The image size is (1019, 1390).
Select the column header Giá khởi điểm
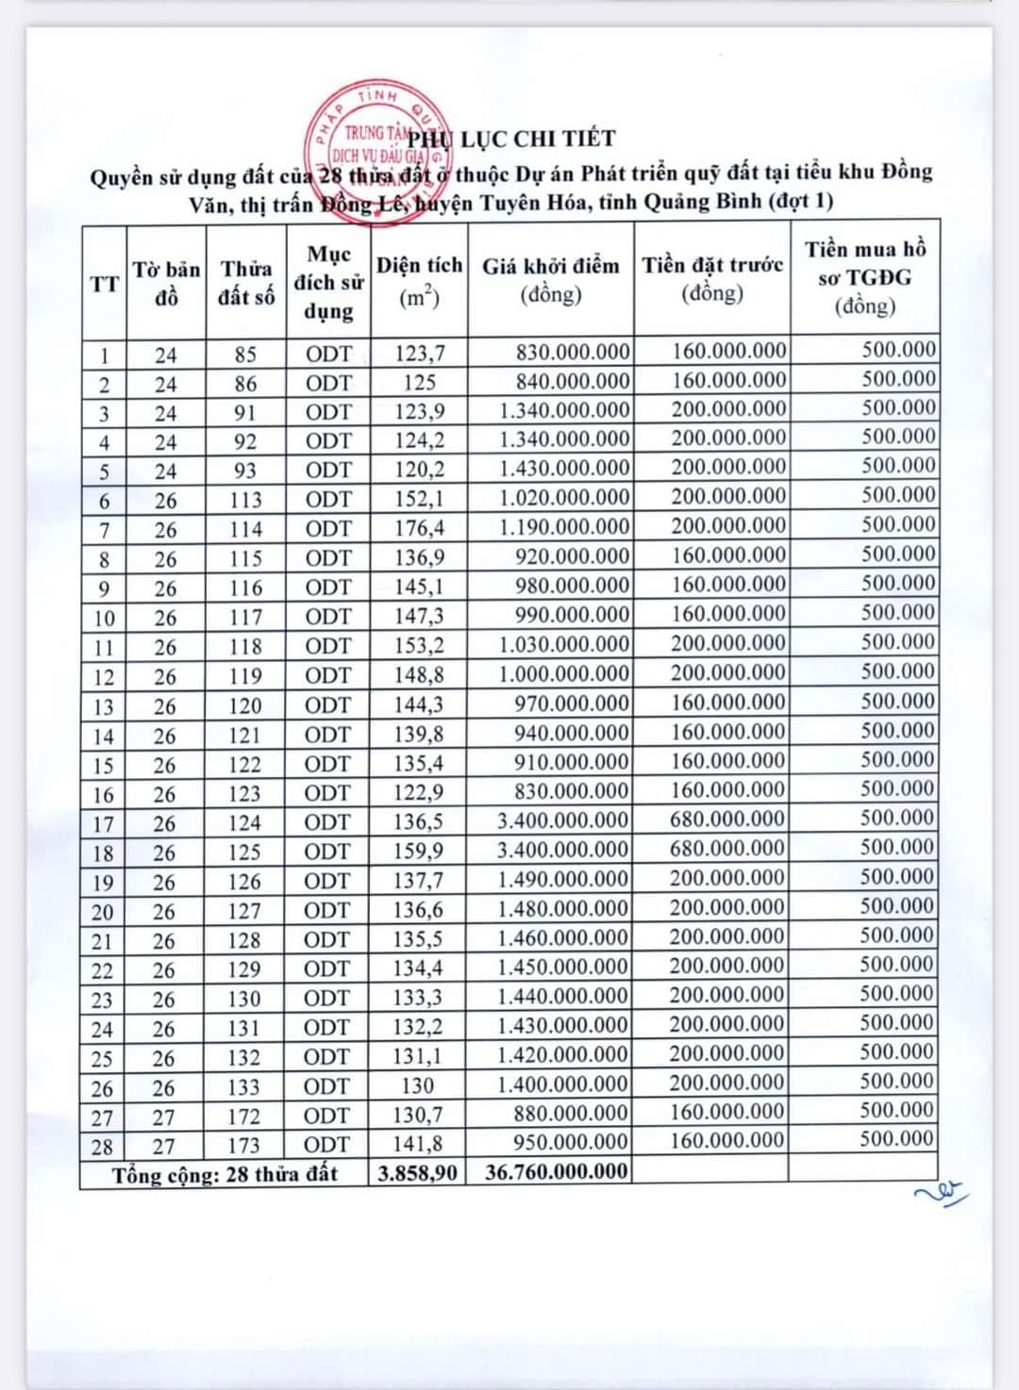point(551,280)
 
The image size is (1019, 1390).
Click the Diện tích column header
point(420,281)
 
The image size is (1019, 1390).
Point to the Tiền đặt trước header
point(712,279)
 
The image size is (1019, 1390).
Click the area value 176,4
point(420,529)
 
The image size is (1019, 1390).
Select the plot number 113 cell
point(245,500)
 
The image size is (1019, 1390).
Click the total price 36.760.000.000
point(556,1172)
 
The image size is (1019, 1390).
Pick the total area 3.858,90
point(418,1173)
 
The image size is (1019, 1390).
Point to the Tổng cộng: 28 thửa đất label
point(225,1175)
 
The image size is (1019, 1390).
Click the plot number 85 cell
point(245,355)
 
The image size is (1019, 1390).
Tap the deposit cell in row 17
point(727,820)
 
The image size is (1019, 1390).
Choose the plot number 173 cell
point(243,1145)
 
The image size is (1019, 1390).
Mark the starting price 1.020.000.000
point(564,498)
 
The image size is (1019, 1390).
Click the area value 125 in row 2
point(420,383)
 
